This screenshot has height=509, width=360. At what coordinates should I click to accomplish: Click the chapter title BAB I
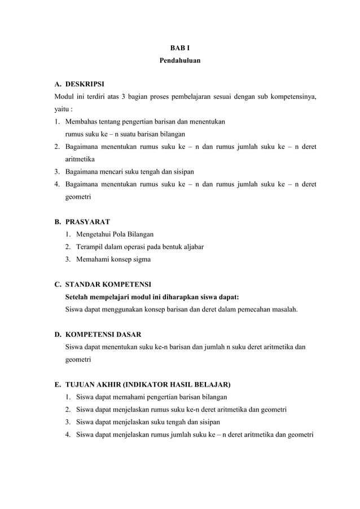coord(179,49)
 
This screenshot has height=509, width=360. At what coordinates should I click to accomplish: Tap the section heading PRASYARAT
coord(87,221)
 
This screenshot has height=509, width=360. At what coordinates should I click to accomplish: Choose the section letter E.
coord(58,385)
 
